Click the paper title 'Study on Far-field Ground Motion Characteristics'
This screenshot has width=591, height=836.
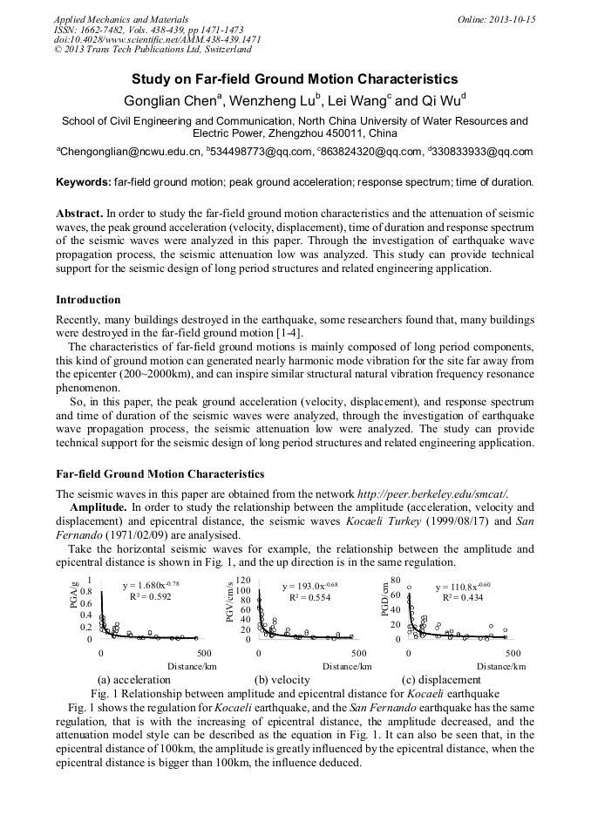(295, 78)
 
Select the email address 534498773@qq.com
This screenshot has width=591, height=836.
(258, 152)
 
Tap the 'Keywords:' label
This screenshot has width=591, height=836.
(83, 181)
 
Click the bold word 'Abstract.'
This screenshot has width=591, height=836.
(79, 213)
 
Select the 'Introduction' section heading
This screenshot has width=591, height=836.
(88, 300)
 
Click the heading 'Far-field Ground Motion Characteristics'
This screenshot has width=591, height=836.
(160, 474)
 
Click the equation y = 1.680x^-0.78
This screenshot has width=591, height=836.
(151, 585)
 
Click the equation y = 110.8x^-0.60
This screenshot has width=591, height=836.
(463, 587)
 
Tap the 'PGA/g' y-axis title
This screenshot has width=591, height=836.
(74, 597)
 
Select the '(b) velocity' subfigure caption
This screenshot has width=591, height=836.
(282, 679)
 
